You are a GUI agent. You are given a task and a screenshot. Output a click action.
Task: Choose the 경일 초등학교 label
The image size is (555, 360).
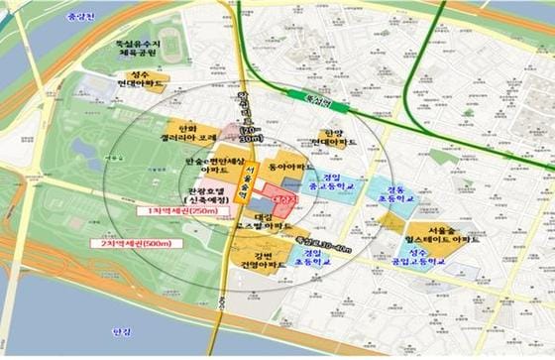pyautogui.click(x=311, y=258)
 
